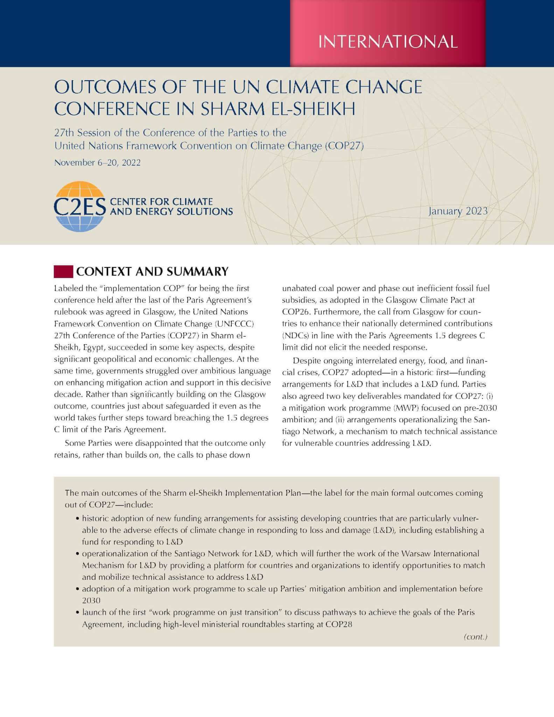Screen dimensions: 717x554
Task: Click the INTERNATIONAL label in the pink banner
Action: pyautogui.click(x=388, y=41)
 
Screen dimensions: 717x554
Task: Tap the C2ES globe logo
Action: pyautogui.click(x=80, y=206)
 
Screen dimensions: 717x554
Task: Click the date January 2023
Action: pyautogui.click(x=458, y=211)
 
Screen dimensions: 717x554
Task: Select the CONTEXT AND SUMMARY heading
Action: pyautogui.click(x=152, y=271)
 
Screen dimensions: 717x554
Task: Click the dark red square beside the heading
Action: pyautogui.click(x=63, y=272)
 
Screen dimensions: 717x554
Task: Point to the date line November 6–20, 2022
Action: pyautogui.click(x=97, y=163)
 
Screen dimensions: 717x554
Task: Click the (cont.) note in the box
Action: pyautogui.click(x=475, y=637)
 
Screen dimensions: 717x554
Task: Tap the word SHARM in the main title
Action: pyautogui.click(x=230, y=109)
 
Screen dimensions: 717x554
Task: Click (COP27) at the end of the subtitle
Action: pyautogui.click(x=344, y=146)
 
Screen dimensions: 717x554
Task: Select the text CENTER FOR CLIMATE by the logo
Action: pyautogui.click(x=161, y=202)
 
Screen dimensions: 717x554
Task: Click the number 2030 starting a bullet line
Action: pyautogui.click(x=91, y=600)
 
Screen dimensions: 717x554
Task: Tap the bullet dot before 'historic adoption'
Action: pyautogui.click(x=77, y=518)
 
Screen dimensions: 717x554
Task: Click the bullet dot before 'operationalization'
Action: pyautogui.click(x=77, y=554)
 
